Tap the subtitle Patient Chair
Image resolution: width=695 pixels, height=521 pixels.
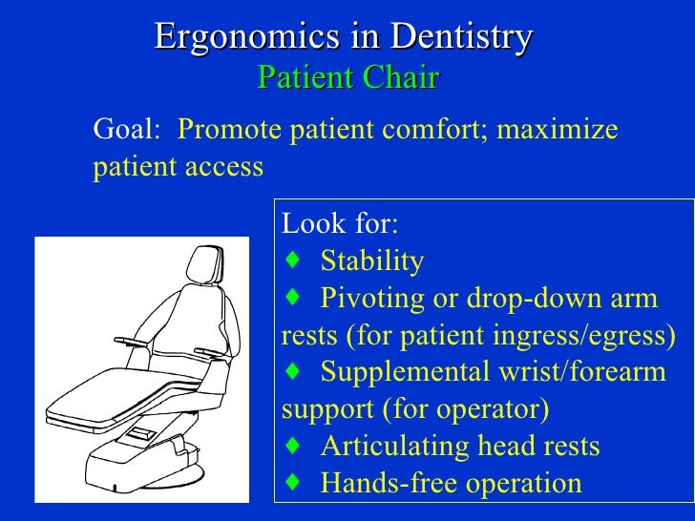347,77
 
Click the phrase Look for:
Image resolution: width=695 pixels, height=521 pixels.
341,224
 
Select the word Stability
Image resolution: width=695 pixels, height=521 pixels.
372,261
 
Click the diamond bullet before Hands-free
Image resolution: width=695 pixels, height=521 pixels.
292,483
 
